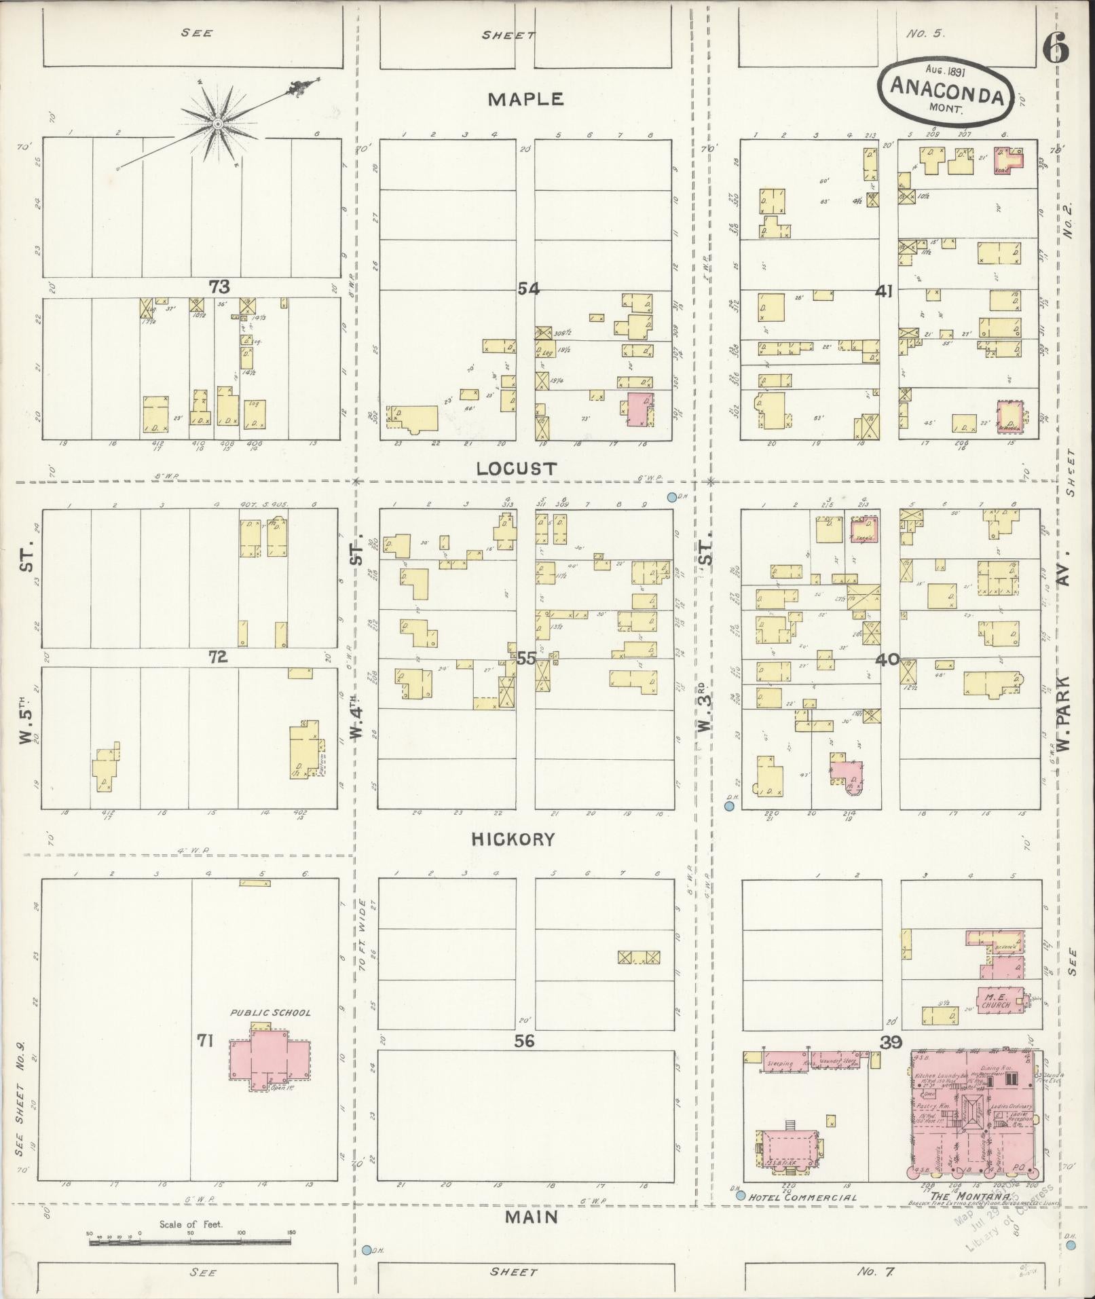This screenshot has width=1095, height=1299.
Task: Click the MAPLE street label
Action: (x=525, y=99)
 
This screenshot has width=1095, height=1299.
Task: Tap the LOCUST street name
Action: (x=517, y=469)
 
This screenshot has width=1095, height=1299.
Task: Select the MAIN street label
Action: (x=532, y=1217)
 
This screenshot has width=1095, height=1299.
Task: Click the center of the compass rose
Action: (x=217, y=124)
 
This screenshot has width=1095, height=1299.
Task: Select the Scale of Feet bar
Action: (x=190, y=1243)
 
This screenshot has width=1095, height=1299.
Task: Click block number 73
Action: (x=219, y=287)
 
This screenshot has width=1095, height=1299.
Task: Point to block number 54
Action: (x=528, y=289)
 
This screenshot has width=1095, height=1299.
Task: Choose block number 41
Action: (x=883, y=291)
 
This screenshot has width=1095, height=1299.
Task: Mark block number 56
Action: (x=525, y=1040)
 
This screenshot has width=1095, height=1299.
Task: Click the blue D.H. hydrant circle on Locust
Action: (x=671, y=497)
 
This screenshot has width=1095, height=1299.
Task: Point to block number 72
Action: (x=217, y=657)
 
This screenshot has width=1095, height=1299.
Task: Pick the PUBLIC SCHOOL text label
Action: (x=270, y=1012)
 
